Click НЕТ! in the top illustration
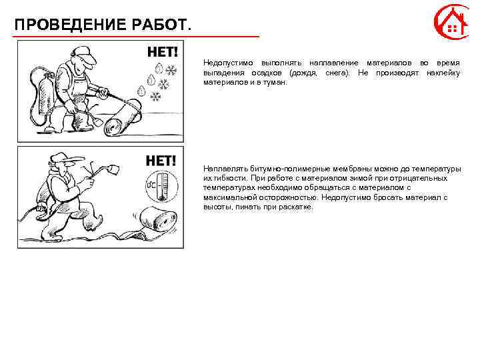162,51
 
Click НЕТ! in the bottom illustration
161,160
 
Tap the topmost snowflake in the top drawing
171,69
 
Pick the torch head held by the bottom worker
109,170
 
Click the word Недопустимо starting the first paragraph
225,61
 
